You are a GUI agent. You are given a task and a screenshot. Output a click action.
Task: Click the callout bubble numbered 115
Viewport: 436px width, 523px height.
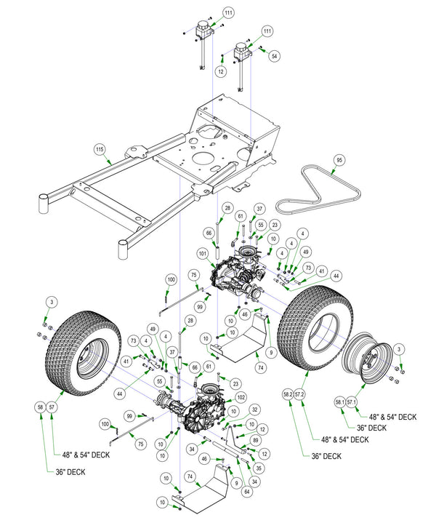(x=100, y=151)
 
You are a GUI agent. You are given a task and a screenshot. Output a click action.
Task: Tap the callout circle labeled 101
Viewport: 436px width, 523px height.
(x=203, y=254)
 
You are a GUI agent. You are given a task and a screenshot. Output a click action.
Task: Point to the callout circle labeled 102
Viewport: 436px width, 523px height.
(x=241, y=397)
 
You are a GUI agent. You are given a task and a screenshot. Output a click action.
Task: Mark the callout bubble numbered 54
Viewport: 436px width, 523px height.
(x=273, y=55)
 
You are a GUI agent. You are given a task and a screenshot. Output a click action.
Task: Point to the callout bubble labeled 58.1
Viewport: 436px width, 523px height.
(x=339, y=401)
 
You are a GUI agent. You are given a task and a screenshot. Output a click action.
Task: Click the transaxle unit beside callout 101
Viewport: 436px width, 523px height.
(x=240, y=276)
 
